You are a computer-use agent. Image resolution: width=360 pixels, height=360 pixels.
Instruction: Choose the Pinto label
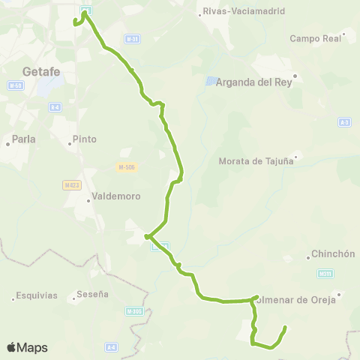click(85, 139)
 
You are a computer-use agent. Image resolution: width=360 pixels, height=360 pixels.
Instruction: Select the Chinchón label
click(332, 253)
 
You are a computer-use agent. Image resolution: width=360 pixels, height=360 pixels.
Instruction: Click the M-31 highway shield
click(132, 38)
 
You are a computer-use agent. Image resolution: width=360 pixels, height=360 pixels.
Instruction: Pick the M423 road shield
click(72, 184)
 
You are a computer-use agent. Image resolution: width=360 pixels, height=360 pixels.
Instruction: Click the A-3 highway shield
click(344, 121)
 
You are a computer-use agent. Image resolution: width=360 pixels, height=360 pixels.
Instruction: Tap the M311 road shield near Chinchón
click(325, 274)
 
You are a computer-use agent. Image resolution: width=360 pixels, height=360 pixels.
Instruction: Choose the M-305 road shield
click(134, 310)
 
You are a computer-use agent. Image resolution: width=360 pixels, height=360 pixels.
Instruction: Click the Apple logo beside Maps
click(11, 347)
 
